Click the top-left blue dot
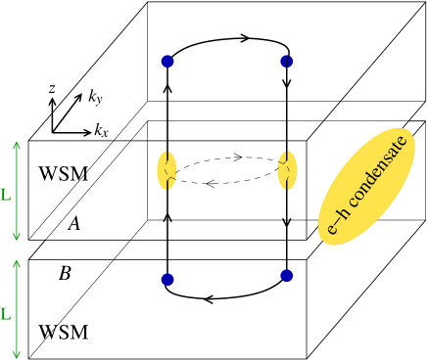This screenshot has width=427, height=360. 167,62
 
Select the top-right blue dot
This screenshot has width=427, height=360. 286,62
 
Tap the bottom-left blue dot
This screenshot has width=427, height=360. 167,280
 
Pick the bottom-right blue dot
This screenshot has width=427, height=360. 286,276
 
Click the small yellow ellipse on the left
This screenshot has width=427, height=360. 167,170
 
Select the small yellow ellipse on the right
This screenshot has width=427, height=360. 287,170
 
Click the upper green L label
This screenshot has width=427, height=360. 6,196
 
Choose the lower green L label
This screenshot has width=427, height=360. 6,315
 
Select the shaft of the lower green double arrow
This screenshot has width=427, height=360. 17,308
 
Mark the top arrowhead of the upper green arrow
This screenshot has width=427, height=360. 17,145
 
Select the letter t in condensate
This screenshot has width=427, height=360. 399,147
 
